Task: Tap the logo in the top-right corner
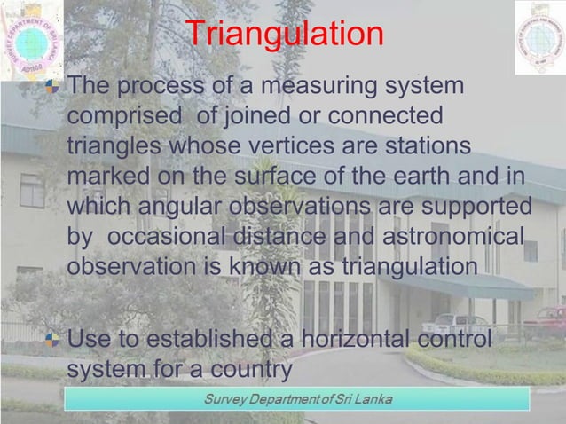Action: point(538,38)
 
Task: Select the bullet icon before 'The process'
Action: point(56,87)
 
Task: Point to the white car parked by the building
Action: point(457,323)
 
